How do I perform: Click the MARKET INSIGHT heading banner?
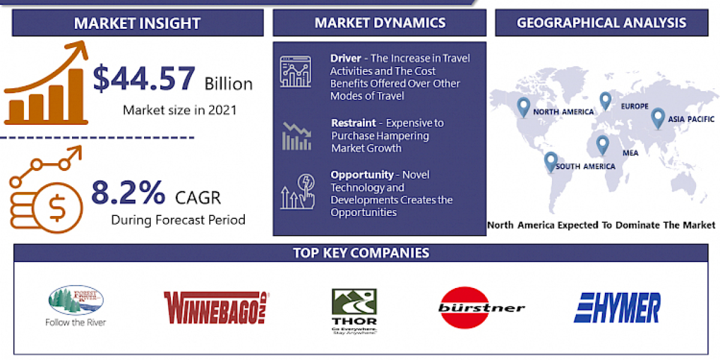pyautogui.click(x=137, y=24)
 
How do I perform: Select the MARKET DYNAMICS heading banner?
pyautogui.click(x=379, y=23)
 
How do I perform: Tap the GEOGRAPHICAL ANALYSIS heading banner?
pyautogui.click(x=602, y=23)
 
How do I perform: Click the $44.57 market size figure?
pyautogui.click(x=144, y=79)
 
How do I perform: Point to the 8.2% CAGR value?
pyautogui.click(x=128, y=193)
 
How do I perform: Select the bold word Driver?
pyautogui.click(x=346, y=58)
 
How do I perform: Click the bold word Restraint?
pyautogui.click(x=354, y=123)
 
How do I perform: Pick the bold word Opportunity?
pyautogui.click(x=362, y=175)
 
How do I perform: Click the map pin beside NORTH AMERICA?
pyautogui.click(x=523, y=107)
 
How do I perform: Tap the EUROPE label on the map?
pyautogui.click(x=635, y=106)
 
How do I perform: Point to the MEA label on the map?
pyautogui.click(x=630, y=153)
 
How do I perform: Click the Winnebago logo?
pyautogui.click(x=217, y=307)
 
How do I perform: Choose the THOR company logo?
pyautogui.click(x=354, y=311)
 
